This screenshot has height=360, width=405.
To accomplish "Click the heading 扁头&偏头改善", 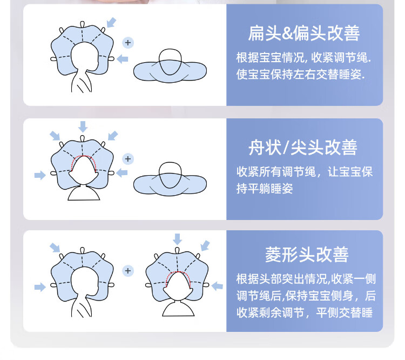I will pos(304,34).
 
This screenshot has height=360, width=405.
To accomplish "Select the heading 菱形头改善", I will pos(307,254).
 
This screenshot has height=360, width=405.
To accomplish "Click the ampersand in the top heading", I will pos(287,35).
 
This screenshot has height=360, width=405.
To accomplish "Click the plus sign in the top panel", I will pos(128,43).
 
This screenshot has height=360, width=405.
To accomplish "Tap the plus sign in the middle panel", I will pos(128,159).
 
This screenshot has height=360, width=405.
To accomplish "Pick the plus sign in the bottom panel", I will pos(127,270).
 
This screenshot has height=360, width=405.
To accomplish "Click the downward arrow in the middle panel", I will pos(83,126).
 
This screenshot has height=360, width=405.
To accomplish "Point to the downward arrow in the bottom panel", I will pos(178,238).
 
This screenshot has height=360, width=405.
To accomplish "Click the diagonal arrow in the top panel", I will pos(111,22).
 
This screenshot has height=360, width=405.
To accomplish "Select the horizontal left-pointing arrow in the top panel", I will pos(123,58).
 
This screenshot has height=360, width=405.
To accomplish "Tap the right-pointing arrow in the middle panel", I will pos(40,175).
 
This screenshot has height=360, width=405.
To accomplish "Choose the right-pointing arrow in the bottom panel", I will pos(40,287).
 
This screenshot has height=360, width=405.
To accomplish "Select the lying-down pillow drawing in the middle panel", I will pos(168,180).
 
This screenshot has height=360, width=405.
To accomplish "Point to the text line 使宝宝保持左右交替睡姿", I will pos(300,75).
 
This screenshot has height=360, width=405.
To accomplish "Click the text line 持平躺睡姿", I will pos(265,189).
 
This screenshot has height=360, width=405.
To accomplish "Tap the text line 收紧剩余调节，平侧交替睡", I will pos(304,312).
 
